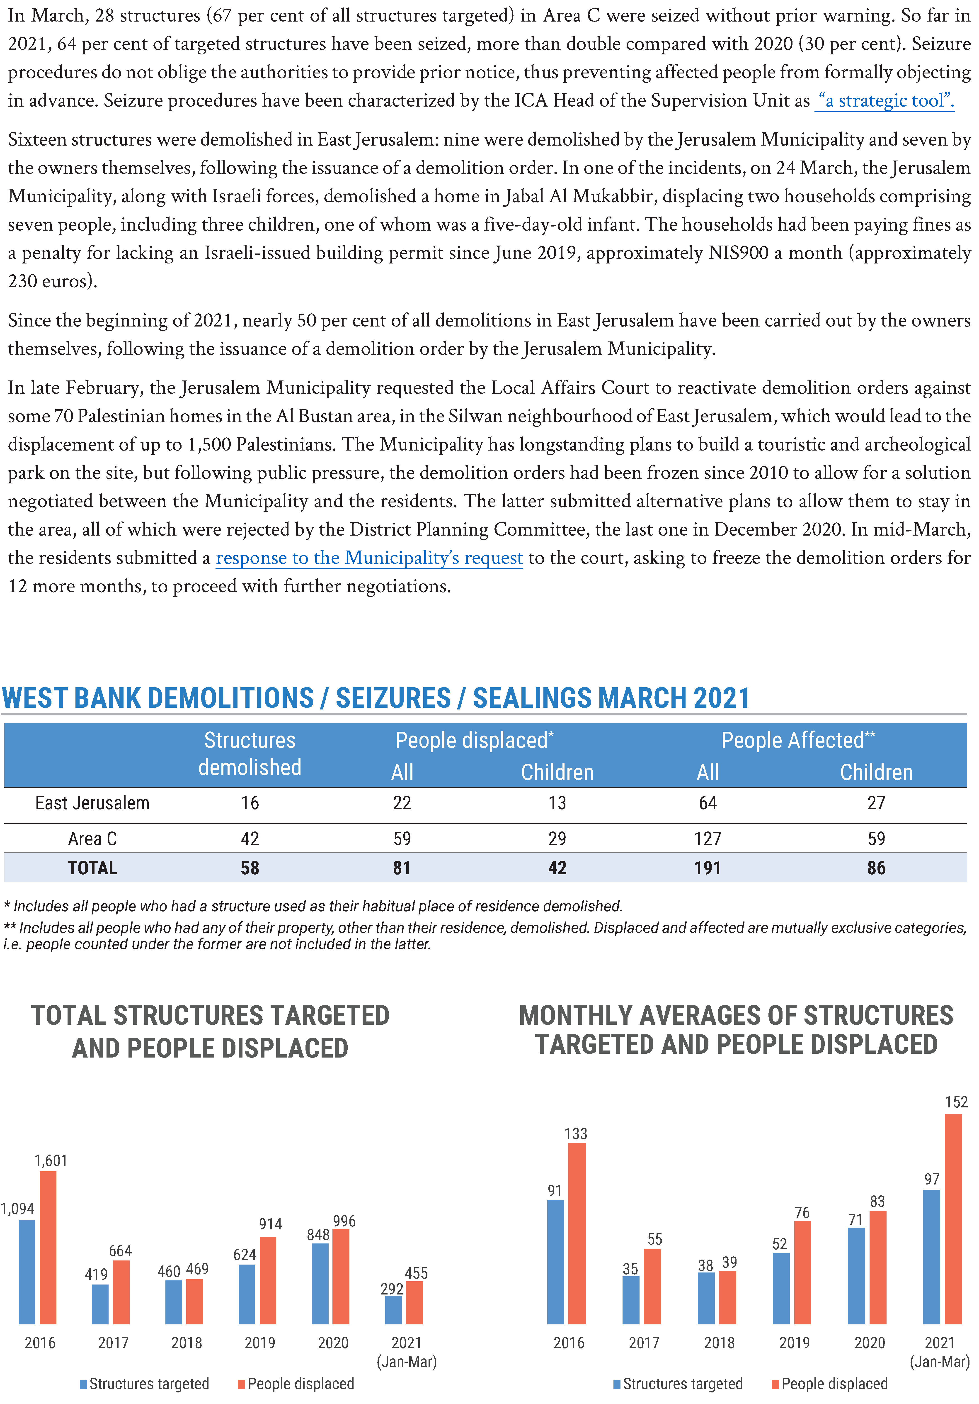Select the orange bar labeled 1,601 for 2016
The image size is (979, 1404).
coord(48,1248)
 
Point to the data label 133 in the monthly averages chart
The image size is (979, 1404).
coord(576,1134)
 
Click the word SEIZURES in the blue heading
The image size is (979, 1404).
coord(393,698)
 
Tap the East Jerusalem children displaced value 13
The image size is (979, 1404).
coord(557,803)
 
